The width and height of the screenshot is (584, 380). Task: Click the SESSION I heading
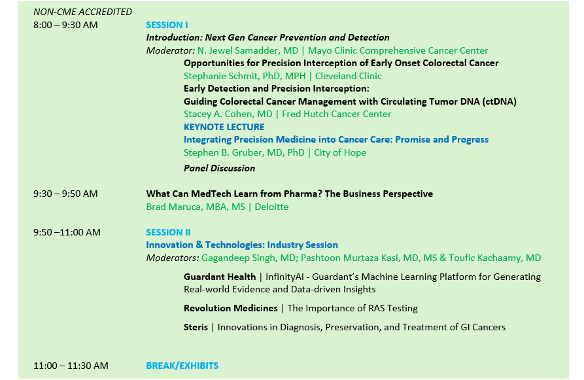[x=167, y=25]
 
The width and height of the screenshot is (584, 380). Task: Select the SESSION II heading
[x=168, y=232]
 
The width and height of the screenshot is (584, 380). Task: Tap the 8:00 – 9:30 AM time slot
[x=65, y=25]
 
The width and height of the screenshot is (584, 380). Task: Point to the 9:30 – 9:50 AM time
[x=65, y=194]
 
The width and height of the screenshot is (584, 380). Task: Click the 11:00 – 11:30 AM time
[x=71, y=366]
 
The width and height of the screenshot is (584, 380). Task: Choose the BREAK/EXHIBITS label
[x=182, y=366]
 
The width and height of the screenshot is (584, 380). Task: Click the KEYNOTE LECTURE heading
[x=224, y=127]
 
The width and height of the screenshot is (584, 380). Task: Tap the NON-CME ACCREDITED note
[x=82, y=12]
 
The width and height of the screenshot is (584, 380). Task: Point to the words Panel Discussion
[x=219, y=168]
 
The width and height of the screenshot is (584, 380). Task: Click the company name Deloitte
[x=271, y=207]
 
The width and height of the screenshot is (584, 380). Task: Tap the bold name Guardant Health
[x=220, y=277]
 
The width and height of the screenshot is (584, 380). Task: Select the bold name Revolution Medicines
[x=231, y=309]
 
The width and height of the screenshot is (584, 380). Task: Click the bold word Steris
[x=196, y=328]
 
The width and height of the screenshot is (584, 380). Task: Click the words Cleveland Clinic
[x=348, y=76]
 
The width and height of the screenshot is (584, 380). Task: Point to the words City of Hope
[x=340, y=153]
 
